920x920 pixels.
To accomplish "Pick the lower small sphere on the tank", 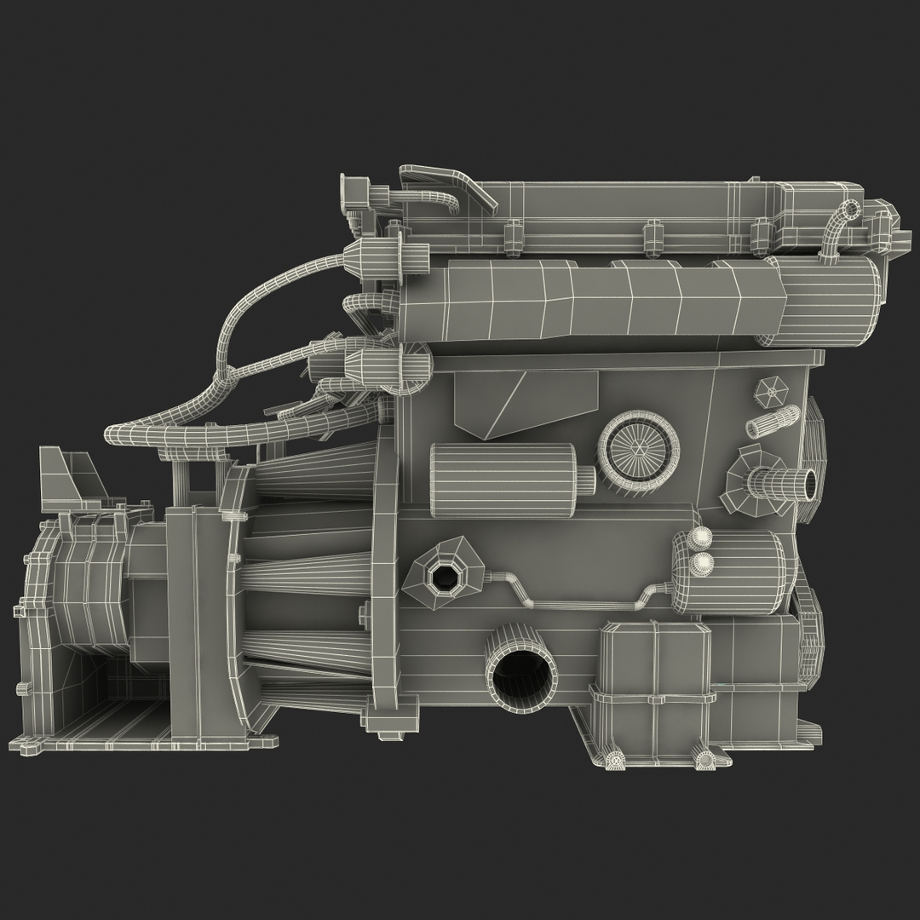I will (704, 562).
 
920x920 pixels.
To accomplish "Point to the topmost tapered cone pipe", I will (315, 478).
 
